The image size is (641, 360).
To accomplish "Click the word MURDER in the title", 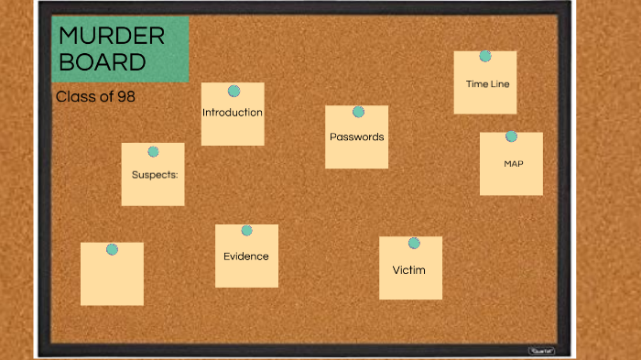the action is pos(112,37).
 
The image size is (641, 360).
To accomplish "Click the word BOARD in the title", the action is pos(102,62).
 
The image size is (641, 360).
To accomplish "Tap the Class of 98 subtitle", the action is pos(95,95).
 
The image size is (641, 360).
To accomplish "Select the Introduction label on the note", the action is pos(233,113).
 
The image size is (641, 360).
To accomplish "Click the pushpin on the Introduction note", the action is pos(234,92).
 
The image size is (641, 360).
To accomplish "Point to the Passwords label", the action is pos(356,136).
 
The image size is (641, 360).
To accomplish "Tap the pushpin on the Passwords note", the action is pos(358,112).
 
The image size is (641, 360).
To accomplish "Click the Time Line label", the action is pos(487,83).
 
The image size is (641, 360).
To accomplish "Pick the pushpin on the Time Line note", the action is pos(485,56).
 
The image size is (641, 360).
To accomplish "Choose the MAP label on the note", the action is pos(513,163).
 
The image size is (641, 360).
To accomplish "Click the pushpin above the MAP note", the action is pos(511,136).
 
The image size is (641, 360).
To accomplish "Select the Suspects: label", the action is pos(154,173).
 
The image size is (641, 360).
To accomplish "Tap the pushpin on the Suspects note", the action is pos(153,151).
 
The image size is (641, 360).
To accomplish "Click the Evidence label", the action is pos(246,256).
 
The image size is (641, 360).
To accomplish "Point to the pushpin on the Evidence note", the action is pos(246,230).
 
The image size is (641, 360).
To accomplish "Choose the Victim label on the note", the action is pos(408,270).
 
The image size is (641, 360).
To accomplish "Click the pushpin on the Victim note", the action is pos(414,243).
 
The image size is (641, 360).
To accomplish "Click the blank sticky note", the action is pos(112,279).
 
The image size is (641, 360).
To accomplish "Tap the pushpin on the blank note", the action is pos(112,249).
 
